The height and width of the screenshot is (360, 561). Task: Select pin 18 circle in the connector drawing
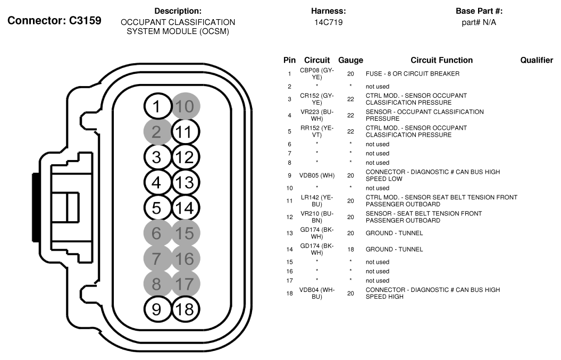(185, 309)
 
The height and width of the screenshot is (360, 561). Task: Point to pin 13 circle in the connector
(185, 182)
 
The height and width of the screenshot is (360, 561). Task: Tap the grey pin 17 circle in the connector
(185, 283)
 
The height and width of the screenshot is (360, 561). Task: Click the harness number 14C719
(329, 22)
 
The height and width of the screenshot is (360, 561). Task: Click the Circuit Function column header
(441, 61)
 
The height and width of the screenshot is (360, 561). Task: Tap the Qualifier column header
(537, 61)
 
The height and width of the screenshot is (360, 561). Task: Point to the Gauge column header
(350, 61)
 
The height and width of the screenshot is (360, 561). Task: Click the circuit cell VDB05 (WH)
(316, 175)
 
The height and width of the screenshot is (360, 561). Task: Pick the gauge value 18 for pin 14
(350, 249)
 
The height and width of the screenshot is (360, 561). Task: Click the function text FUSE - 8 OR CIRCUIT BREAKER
(412, 73)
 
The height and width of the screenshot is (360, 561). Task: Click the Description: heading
(178, 11)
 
